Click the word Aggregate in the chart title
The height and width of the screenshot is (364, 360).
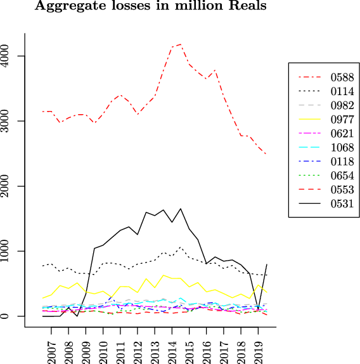(67, 7)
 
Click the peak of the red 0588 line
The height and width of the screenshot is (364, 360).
(181, 44)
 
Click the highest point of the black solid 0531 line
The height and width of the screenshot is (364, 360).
(181, 208)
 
